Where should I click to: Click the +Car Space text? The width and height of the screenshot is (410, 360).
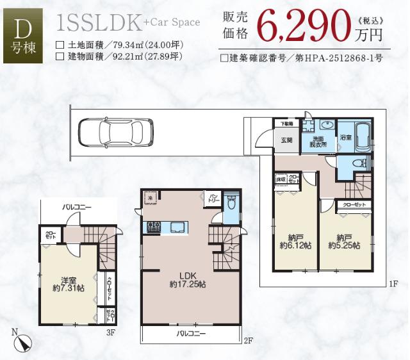tap(172, 22)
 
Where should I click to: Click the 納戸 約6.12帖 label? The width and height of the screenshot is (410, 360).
tap(295, 241)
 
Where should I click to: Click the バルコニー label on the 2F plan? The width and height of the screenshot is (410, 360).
tap(192, 334)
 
